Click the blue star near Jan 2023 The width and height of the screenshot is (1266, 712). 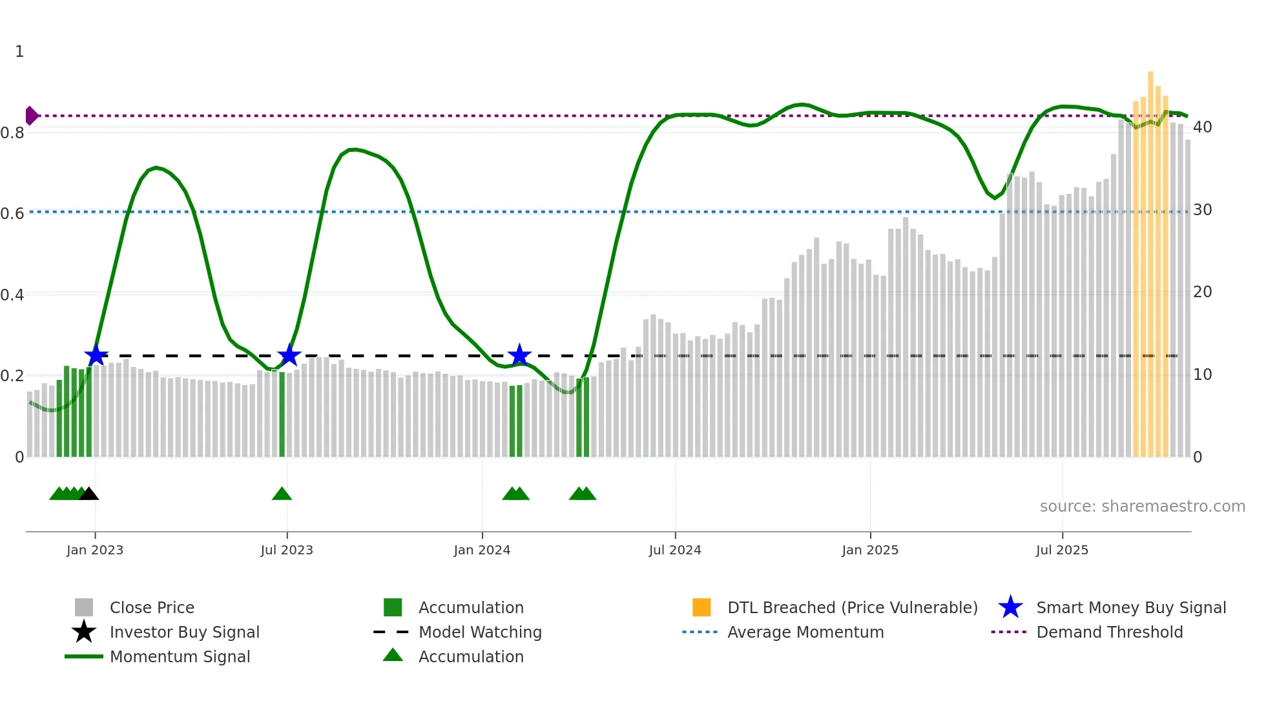(96, 355)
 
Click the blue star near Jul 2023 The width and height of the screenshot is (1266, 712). (289, 355)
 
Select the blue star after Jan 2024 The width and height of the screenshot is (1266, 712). (519, 355)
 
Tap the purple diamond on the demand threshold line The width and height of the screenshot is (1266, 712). (31, 116)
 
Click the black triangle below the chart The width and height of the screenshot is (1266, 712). (88, 494)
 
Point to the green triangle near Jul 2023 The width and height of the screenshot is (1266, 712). (282, 494)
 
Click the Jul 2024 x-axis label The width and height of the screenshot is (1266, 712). (675, 550)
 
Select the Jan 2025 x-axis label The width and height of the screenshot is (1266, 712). (870, 550)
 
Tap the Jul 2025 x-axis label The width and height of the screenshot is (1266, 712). (1062, 550)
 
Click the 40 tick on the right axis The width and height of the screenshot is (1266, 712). (1202, 127)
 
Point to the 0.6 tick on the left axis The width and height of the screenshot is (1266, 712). (12, 213)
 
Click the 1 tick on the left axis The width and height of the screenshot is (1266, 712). (19, 52)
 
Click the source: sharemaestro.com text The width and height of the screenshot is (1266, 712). (1142, 507)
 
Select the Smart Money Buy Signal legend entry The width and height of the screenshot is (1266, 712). (1130, 607)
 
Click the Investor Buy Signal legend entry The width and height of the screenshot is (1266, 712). (184, 632)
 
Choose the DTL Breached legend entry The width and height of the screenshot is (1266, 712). (852, 607)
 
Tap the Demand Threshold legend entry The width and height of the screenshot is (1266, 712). (1109, 632)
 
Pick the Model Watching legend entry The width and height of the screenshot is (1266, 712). (479, 632)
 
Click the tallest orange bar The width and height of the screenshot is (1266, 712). (1150, 258)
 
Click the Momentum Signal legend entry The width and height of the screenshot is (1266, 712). (180, 656)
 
